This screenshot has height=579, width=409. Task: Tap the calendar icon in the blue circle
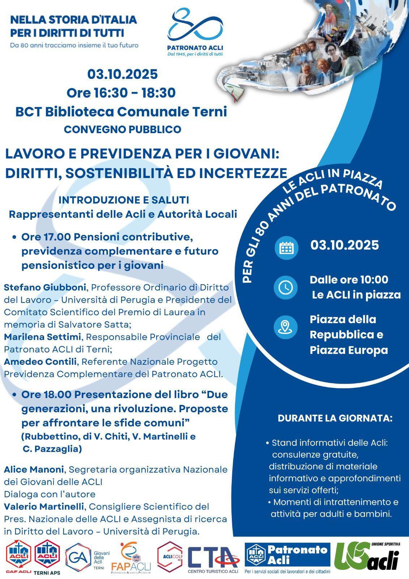point(286,248)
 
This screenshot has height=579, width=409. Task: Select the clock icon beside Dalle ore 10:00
point(286,287)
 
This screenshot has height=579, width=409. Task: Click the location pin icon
point(286,327)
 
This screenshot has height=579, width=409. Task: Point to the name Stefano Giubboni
point(45,287)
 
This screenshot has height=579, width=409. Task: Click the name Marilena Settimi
point(42,337)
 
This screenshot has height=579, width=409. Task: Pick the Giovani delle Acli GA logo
point(84,558)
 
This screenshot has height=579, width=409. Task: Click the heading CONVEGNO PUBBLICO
point(123,129)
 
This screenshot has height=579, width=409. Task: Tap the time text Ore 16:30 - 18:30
point(121,93)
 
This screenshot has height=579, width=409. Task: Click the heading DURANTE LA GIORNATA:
point(335,418)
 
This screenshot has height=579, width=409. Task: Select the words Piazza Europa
point(349,350)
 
